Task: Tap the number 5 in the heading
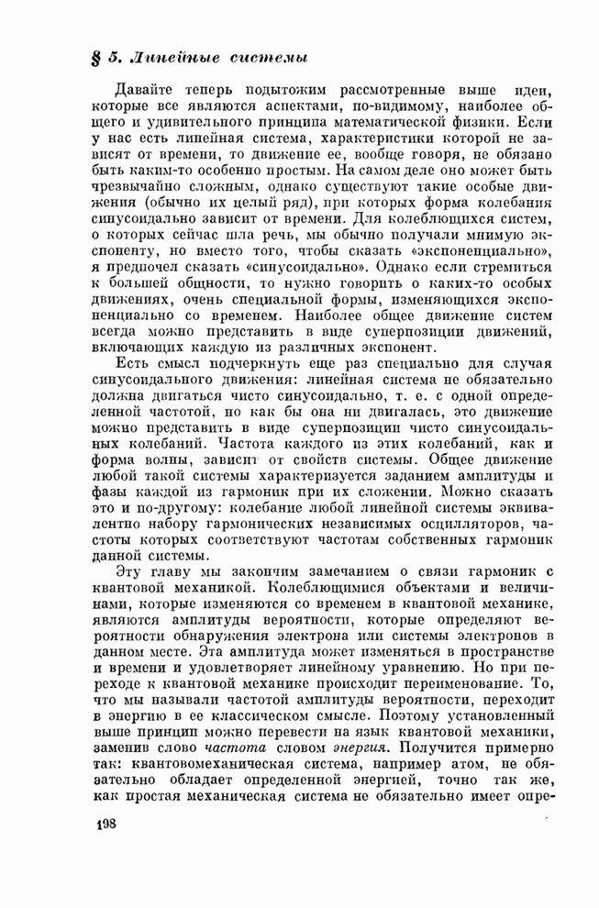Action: tap(115, 57)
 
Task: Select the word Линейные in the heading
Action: tap(170, 57)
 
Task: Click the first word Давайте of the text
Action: tap(145, 92)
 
